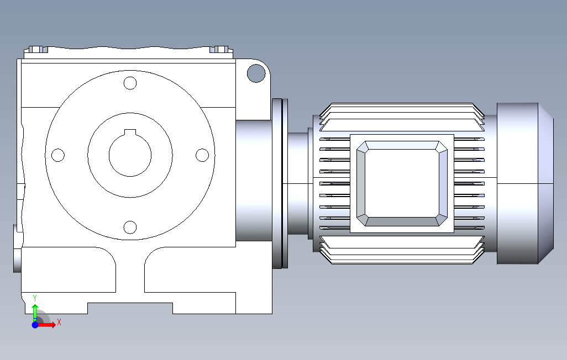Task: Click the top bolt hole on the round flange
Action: [130, 83]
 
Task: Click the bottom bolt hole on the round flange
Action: [130, 227]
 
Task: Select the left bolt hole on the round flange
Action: [58, 155]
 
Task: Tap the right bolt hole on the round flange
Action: [202, 155]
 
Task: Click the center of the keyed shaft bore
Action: [130, 155]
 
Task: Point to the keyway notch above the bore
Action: [130, 132]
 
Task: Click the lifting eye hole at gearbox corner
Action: [256, 73]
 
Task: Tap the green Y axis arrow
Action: [35, 312]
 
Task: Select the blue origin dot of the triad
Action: [35, 325]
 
